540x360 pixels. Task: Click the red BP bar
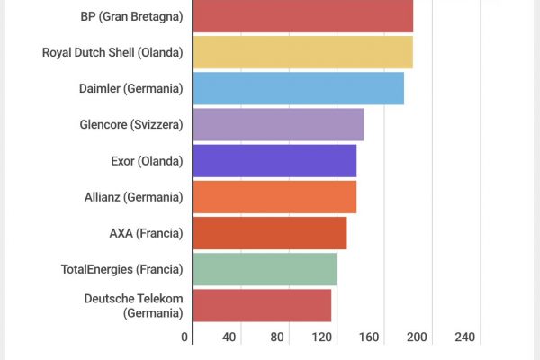302,16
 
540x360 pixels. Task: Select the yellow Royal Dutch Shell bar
302,52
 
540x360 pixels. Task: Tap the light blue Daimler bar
298,88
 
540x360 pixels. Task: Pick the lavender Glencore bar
278,124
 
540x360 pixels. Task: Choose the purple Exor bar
274,160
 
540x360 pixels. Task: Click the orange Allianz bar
274,196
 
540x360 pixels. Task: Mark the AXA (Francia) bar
269,232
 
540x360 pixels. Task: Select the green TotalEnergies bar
265,269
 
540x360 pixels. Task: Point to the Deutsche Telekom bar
262,305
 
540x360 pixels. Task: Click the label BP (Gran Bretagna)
131,16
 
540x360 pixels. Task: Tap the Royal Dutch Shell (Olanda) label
112,52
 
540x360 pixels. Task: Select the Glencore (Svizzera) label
131,124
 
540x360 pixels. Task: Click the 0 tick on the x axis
184,337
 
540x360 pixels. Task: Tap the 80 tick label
276,337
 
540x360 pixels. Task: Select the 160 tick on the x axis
369,337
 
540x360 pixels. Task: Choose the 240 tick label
464,337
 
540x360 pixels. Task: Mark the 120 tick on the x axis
323,337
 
